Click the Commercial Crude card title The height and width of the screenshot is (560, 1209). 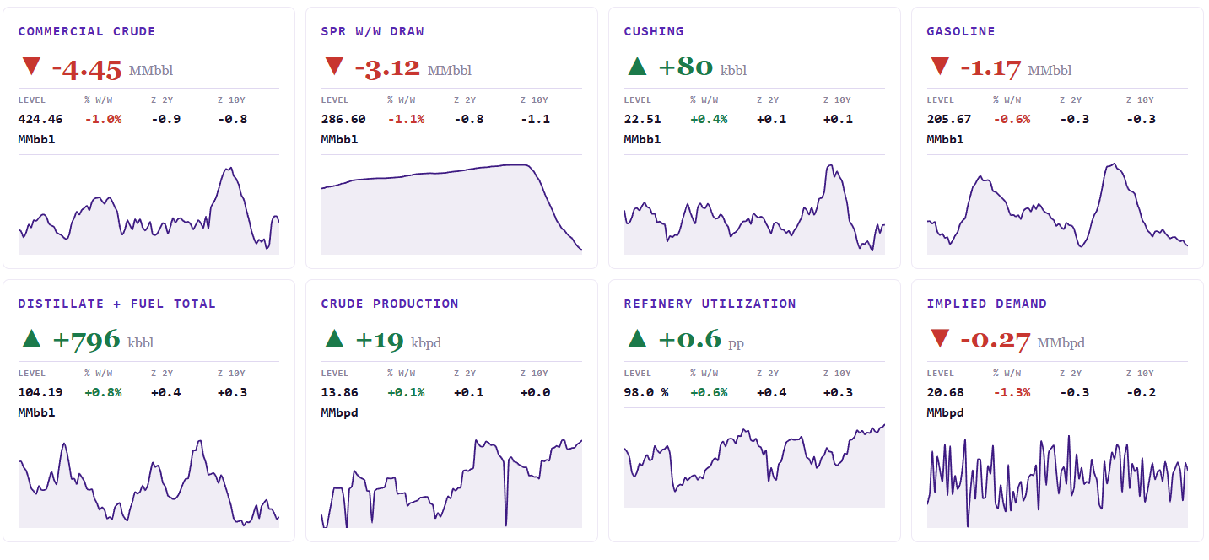(86, 31)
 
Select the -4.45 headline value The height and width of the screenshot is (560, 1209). (86, 70)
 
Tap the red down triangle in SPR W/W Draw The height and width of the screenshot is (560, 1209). (334, 66)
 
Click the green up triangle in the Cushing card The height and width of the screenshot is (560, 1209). (638, 66)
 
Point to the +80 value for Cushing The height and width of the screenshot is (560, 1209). (685, 67)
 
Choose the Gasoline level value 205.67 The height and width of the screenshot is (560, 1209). (949, 119)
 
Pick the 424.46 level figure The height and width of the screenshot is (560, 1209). (40, 119)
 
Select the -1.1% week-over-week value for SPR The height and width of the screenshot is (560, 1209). (407, 119)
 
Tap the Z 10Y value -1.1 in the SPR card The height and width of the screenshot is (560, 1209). (536, 119)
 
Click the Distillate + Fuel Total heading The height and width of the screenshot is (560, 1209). (116, 304)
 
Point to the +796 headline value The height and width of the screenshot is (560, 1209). (86, 340)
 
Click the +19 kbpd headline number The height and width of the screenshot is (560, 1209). (380, 341)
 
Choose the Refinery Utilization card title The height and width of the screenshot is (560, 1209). (710, 304)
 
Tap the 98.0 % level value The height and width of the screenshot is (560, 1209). (646, 392)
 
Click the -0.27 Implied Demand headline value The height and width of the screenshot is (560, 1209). (996, 341)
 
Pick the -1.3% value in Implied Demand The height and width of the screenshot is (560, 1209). (1012, 392)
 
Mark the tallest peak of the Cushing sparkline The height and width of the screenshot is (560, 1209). (830, 165)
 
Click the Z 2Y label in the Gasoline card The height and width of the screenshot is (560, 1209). (1071, 100)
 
